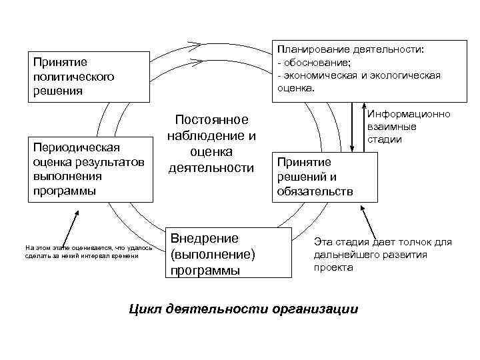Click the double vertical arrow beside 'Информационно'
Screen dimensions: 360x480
(x=359, y=127)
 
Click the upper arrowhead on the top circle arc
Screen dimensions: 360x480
(x=193, y=47)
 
